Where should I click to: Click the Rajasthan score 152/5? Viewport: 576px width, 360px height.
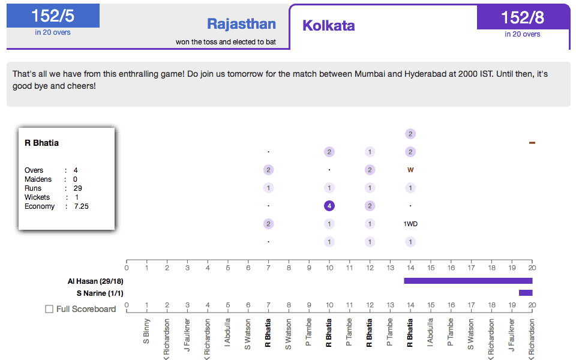click(x=53, y=16)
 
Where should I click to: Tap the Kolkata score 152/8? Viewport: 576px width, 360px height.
click(x=523, y=17)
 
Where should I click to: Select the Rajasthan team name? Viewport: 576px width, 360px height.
click(x=241, y=24)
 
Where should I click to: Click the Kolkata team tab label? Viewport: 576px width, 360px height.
click(x=328, y=26)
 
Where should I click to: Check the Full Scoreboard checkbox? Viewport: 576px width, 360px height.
click(x=50, y=309)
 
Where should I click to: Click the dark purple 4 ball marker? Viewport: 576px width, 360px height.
click(x=329, y=206)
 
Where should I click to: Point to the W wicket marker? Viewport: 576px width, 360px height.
click(x=410, y=170)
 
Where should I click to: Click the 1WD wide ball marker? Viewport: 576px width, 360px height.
click(x=410, y=224)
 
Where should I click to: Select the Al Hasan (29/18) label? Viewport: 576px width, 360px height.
click(x=96, y=281)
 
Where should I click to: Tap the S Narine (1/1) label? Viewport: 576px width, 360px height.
click(x=100, y=293)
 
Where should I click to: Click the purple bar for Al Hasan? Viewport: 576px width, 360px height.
click(x=468, y=281)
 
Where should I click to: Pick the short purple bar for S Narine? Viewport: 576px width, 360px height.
click(x=526, y=293)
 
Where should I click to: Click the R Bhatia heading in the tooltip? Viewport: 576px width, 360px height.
click(x=41, y=143)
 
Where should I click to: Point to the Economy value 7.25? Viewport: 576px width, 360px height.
click(x=82, y=206)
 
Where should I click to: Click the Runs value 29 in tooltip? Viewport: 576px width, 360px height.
click(x=78, y=188)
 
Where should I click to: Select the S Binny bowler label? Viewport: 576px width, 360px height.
click(x=147, y=332)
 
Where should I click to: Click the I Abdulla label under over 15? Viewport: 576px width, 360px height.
click(x=430, y=333)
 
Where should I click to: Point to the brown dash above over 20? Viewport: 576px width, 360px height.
click(x=532, y=143)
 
